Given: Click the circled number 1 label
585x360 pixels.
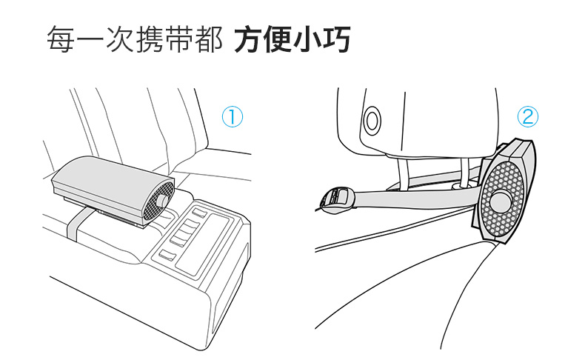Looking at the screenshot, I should pos(233,116).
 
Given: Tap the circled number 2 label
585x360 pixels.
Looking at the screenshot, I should pos(528,116).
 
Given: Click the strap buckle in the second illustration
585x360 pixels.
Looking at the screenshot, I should pos(337,198).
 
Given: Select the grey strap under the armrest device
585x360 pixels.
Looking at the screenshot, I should pos(76,225).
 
